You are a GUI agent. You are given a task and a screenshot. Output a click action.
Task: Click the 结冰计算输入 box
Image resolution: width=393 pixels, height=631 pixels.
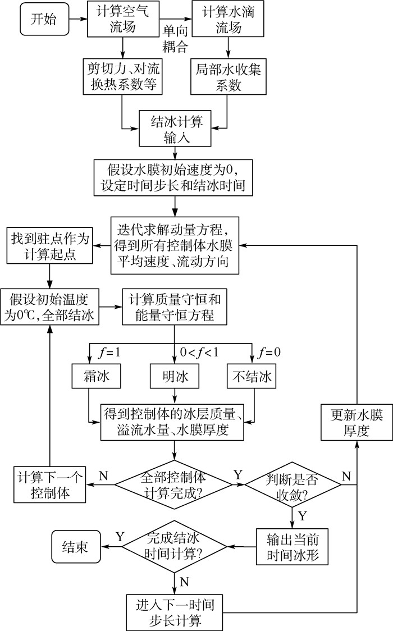(x=175, y=128)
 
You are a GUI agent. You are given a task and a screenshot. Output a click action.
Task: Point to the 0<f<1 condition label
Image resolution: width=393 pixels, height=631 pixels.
(x=199, y=354)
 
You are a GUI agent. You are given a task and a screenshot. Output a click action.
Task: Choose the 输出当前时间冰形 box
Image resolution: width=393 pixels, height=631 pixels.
(x=292, y=546)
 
